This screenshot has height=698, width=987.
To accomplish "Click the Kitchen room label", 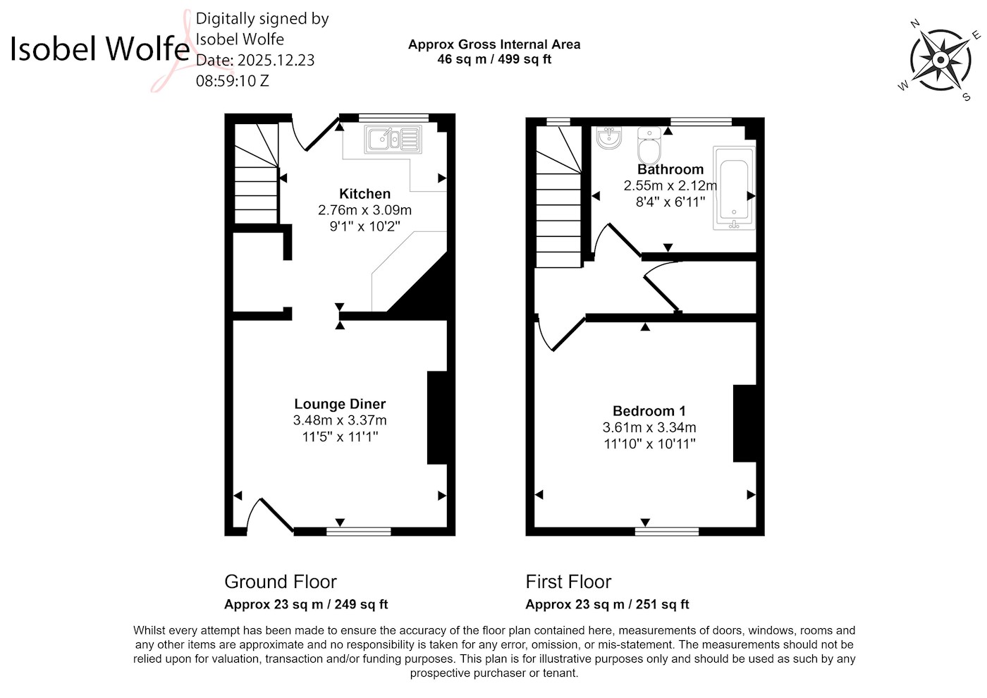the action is click(365, 194).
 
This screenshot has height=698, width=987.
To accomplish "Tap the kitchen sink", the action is click(393, 140).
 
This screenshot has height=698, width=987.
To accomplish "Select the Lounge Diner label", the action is click(340, 403).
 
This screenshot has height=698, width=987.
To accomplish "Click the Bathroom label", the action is click(670, 169).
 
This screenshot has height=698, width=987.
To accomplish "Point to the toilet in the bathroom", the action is click(649, 145).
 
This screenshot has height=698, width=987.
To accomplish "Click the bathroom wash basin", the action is click(609, 137).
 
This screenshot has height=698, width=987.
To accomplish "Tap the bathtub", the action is click(734, 188).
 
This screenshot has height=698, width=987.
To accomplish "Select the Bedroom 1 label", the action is click(649, 411).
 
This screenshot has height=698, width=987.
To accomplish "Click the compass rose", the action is click(940, 61).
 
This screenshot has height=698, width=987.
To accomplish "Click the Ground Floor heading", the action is click(281, 582).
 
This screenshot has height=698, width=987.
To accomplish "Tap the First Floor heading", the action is click(568, 582).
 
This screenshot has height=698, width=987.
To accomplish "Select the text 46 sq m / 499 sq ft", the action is click(494, 59).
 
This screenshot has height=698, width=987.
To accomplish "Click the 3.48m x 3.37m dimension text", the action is click(340, 420).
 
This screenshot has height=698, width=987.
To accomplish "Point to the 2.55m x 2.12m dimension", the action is click(670, 185).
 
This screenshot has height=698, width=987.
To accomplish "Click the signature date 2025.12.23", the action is click(276, 60).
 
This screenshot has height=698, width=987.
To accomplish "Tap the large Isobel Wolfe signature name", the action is click(99, 48).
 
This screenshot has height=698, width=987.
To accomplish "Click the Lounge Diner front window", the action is click(358, 532).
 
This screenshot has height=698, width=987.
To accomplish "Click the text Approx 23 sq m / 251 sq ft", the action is click(607, 604).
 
